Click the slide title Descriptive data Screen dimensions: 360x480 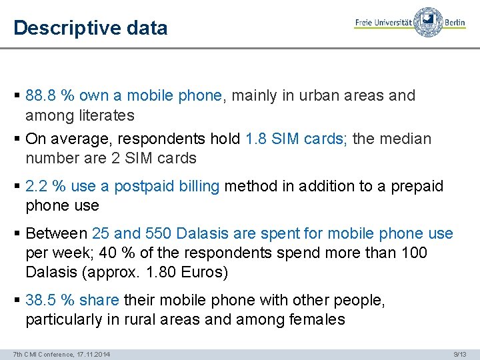[90, 28]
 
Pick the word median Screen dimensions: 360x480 [405, 139]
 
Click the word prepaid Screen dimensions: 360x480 [416, 186]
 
